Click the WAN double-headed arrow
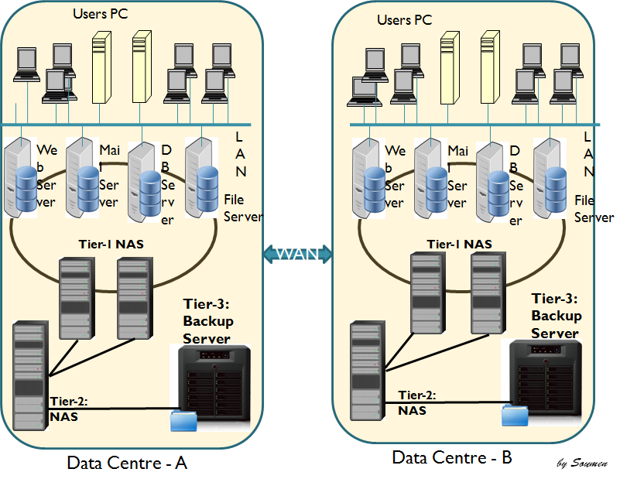(x=298, y=253)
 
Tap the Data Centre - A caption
(x=128, y=463)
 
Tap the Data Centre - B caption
(x=452, y=457)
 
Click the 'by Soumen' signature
(x=582, y=464)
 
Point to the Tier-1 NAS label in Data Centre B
(x=459, y=244)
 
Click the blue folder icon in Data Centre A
(x=184, y=420)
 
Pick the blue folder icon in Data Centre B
(x=514, y=415)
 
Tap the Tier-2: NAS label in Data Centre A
(x=68, y=409)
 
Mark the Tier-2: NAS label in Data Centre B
(x=416, y=402)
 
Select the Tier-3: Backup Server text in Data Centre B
(x=555, y=316)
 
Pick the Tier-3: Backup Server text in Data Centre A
(x=207, y=320)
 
